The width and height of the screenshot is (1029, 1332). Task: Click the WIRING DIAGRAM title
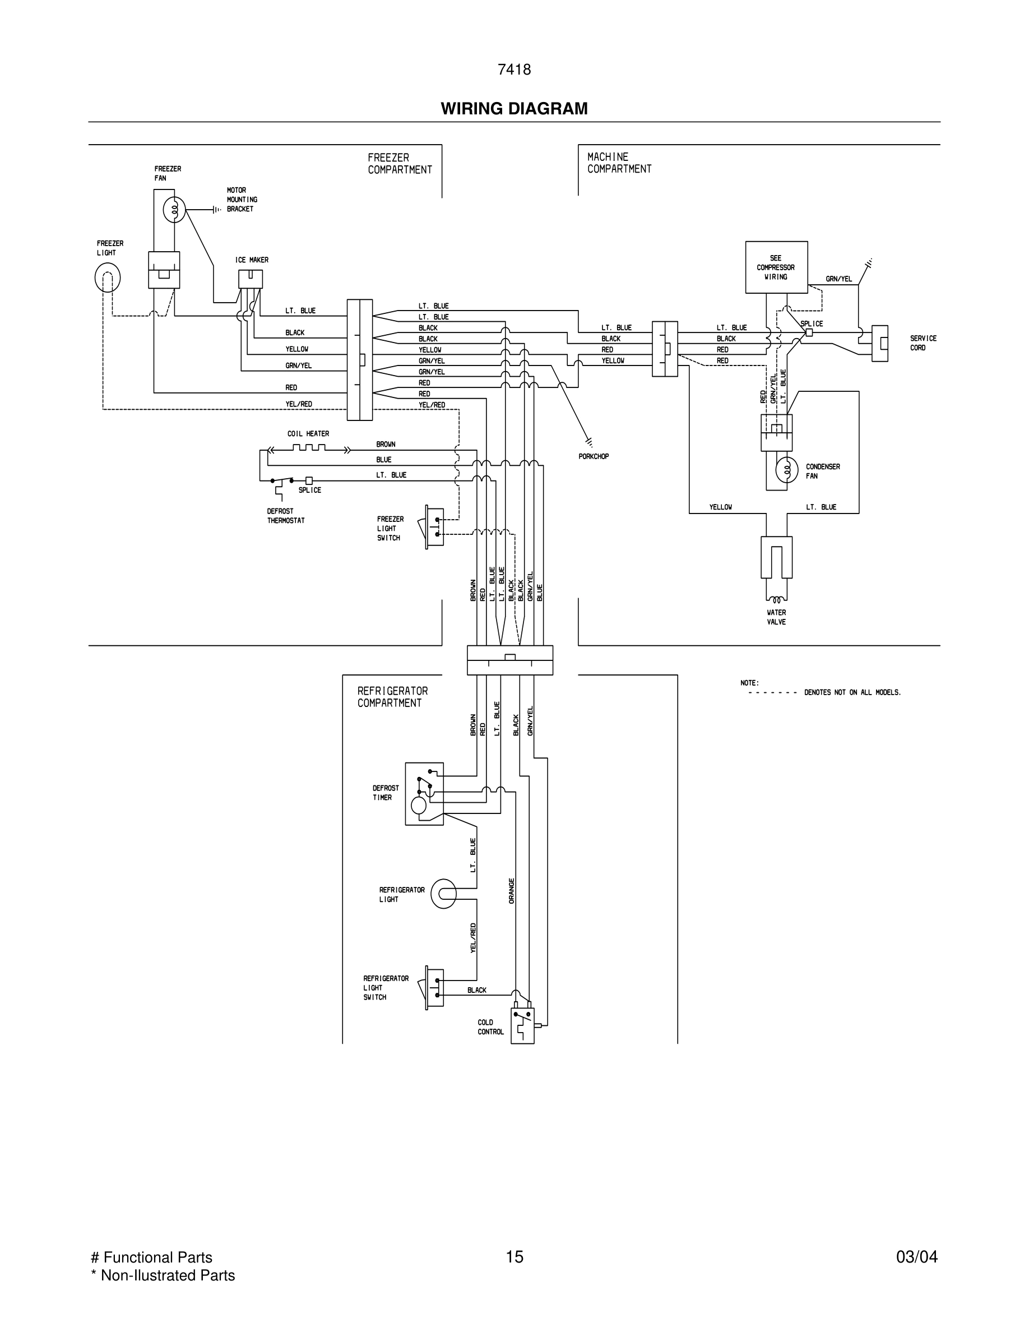coord(514,109)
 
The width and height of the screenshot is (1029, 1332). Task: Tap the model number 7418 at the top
coord(514,70)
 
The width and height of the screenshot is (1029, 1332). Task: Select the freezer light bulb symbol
coord(107,278)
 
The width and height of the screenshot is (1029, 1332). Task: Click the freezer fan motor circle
coord(174,210)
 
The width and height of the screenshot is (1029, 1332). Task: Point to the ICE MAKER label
coord(252,260)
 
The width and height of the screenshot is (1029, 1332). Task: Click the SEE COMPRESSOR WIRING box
coord(776,267)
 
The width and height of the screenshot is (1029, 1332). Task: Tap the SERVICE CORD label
coord(923,343)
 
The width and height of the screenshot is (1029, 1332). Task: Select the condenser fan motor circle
coord(786,469)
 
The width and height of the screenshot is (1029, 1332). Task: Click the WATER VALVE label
coord(776,617)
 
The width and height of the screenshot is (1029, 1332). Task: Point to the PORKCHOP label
coord(593,456)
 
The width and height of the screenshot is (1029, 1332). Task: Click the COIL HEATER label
coord(308,434)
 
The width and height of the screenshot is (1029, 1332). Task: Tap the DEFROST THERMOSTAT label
coord(285,516)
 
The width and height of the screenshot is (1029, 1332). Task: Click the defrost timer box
coord(424,793)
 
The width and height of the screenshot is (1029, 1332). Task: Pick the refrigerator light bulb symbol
coord(443,894)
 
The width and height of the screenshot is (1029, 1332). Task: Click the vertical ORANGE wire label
coord(512,890)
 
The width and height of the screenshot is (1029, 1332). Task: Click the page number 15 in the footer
coord(514,1257)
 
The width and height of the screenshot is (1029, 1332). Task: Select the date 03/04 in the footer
coord(916,1257)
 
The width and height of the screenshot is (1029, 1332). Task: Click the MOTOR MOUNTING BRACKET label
coord(242,200)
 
